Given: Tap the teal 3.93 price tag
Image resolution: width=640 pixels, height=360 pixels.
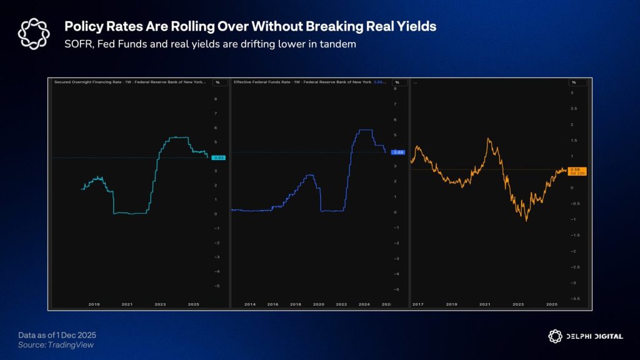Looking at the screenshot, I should pyautogui.click(x=218, y=157).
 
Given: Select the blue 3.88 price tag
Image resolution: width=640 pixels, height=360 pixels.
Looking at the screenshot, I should pyautogui.click(x=397, y=152).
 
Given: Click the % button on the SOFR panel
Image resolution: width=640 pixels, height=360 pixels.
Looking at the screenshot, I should pyautogui.click(x=217, y=82).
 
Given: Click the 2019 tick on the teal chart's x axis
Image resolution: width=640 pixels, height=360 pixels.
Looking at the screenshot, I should pyautogui.click(x=94, y=304).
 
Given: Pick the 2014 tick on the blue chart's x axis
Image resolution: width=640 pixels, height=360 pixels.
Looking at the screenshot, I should pyautogui.click(x=250, y=304).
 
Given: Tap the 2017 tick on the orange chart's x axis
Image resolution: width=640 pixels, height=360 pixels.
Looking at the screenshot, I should pyautogui.click(x=418, y=304).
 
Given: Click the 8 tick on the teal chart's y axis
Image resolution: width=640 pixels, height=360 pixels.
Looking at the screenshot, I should pyautogui.click(x=216, y=99).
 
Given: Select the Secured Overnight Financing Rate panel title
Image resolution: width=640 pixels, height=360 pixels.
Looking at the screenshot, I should pyautogui.click(x=128, y=82).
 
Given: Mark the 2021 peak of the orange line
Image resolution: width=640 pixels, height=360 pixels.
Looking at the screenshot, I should pyautogui.click(x=488, y=139).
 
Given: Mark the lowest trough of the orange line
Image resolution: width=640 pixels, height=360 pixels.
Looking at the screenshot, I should pyautogui.click(x=526, y=220).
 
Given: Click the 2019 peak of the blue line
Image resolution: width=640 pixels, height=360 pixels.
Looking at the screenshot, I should pyautogui.click(x=311, y=175).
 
